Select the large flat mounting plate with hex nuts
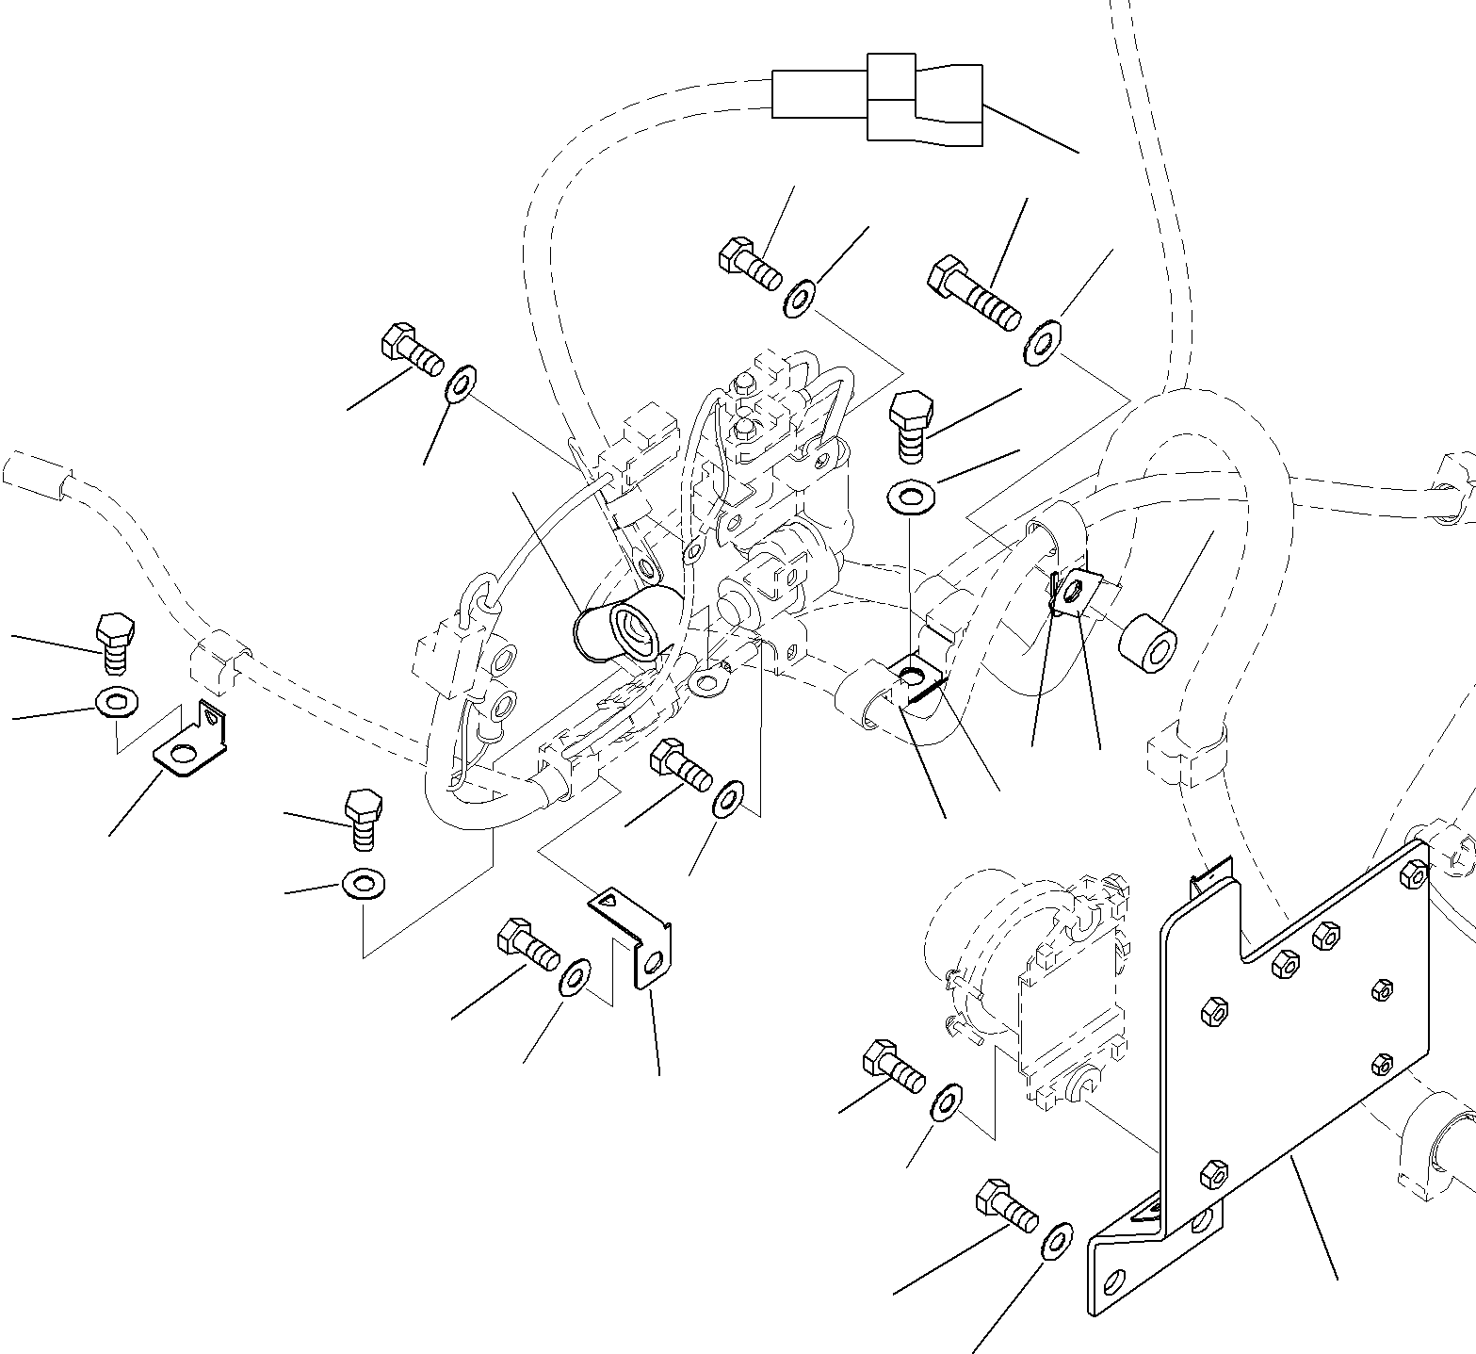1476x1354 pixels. click(1300, 1036)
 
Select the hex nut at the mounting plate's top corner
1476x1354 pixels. click(1414, 875)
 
